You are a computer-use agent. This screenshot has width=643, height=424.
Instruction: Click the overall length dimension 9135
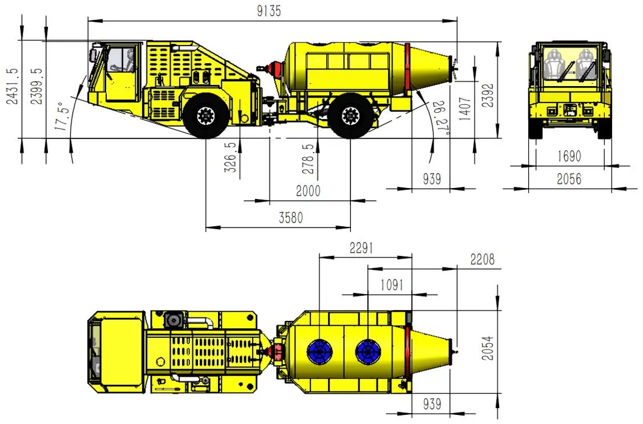coord(269,11)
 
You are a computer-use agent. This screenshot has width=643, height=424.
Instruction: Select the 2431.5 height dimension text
coord(13,86)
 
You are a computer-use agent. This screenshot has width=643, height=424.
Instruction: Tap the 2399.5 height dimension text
coord(37,86)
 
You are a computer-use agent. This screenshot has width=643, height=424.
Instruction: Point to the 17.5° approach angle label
coord(60,116)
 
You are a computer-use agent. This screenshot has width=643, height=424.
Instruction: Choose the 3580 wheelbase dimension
coord(291,217)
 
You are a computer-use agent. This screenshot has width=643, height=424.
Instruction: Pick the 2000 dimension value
coord(308,191)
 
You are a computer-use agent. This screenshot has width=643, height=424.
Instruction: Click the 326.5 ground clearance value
coord(231,157)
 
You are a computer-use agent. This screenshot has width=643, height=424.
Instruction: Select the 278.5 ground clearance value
coord(308,158)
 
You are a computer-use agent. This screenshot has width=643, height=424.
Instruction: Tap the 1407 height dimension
coord(465,109)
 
